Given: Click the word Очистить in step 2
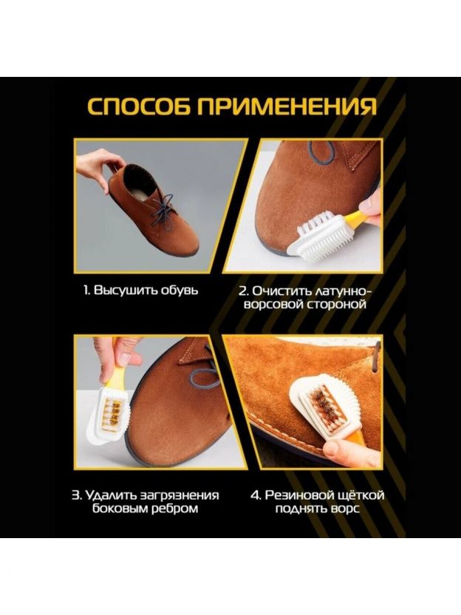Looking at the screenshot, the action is [280, 290].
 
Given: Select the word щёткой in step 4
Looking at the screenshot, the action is [360, 495].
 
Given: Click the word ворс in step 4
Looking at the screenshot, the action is [344, 509].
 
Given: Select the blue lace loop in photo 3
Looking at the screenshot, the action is [204, 378].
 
